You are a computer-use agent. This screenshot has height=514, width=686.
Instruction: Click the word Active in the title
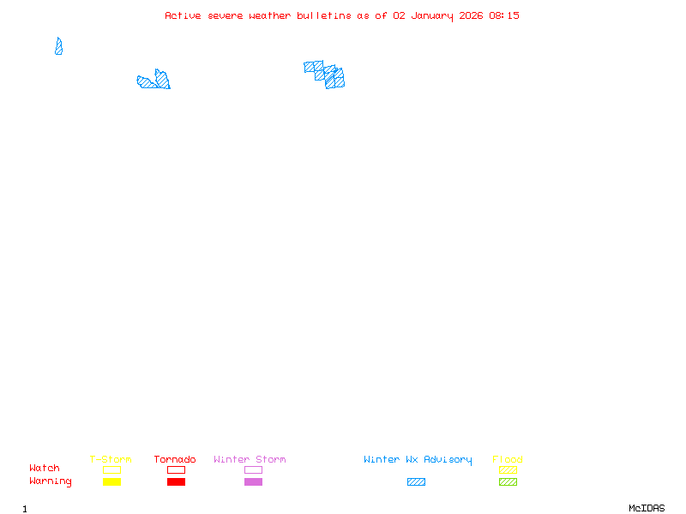click(x=183, y=15)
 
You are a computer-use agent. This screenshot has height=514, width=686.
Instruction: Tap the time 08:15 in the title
click(x=503, y=15)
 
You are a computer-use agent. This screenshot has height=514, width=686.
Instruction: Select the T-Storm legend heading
click(x=111, y=460)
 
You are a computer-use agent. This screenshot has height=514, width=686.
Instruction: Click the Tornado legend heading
click(x=175, y=460)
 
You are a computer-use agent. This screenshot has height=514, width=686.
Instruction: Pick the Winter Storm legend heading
click(x=250, y=460)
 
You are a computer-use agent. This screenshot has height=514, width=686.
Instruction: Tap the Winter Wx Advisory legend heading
click(x=418, y=460)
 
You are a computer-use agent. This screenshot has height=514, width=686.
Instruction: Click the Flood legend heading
click(x=508, y=460)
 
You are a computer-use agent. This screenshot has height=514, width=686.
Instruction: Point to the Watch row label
click(x=45, y=469)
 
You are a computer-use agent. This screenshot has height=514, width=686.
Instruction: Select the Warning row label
click(x=51, y=481)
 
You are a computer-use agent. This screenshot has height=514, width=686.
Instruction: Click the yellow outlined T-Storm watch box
click(x=111, y=470)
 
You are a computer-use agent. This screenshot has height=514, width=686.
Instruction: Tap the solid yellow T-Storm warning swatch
click(x=111, y=482)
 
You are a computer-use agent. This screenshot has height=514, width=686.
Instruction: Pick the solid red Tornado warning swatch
click(x=176, y=482)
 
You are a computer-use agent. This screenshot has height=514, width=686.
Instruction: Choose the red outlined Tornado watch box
click(x=176, y=470)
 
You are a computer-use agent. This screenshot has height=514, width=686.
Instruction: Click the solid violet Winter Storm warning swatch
click(x=253, y=482)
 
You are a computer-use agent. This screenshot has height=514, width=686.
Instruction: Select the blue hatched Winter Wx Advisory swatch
click(x=416, y=482)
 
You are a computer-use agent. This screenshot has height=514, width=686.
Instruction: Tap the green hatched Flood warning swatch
click(x=508, y=482)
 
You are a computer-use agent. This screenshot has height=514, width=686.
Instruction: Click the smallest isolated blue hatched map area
click(x=58, y=47)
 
